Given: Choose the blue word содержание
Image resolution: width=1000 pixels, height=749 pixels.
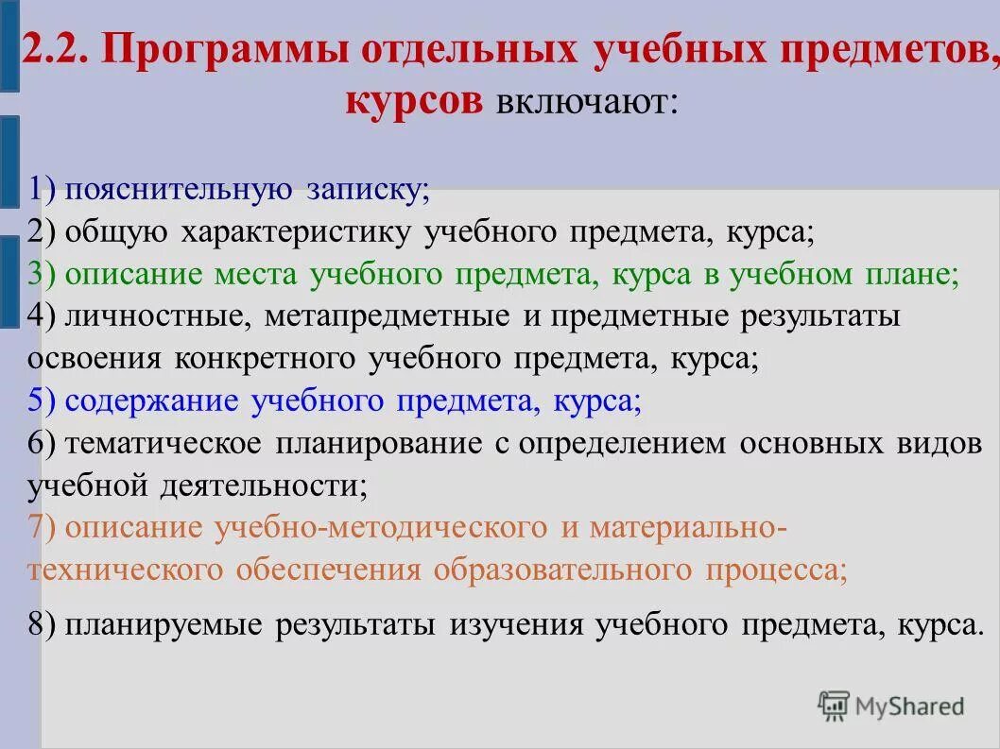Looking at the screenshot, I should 151,401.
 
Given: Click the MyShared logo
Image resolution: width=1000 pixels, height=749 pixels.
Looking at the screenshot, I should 890,705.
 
